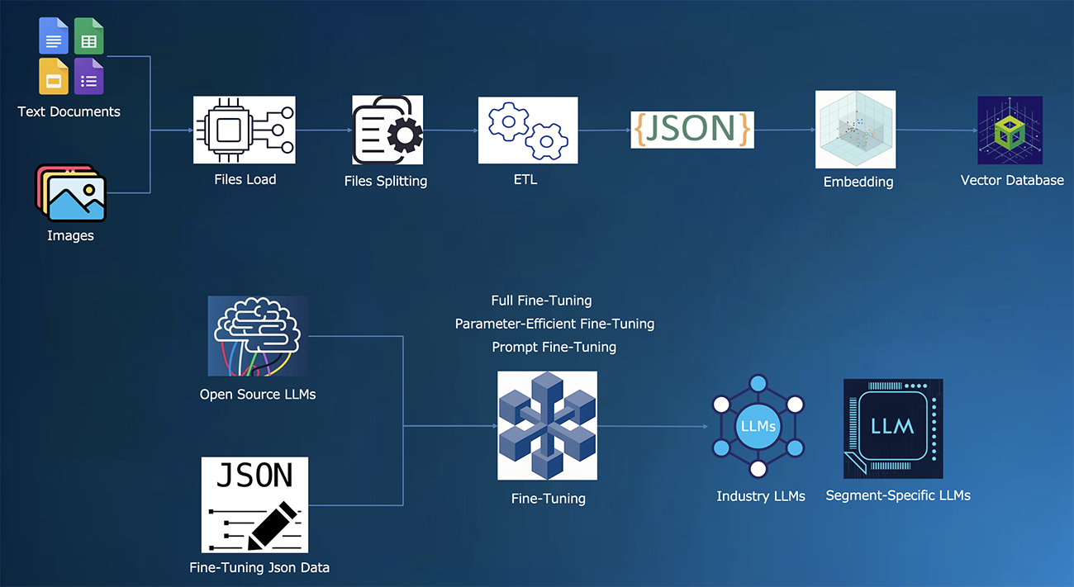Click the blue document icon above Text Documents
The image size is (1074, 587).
click(x=54, y=36)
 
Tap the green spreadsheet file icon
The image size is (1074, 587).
click(x=88, y=36)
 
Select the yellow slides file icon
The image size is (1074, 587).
click(x=54, y=76)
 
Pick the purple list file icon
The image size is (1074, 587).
click(x=88, y=76)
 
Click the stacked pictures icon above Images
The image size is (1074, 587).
click(x=70, y=192)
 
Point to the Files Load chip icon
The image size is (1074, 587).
click(x=245, y=130)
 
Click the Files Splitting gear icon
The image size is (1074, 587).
click(x=387, y=130)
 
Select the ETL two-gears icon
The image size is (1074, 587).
click(x=528, y=130)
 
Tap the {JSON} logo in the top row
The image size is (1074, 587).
click(x=692, y=129)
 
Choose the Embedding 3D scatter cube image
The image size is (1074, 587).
click(x=855, y=130)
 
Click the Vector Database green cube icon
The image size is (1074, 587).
click(x=1010, y=130)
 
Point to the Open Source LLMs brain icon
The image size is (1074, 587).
click(x=258, y=336)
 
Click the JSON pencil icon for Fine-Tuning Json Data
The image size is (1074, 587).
click(x=254, y=504)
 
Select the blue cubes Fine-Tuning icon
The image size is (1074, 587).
click(x=547, y=425)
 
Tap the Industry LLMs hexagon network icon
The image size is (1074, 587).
click(x=758, y=426)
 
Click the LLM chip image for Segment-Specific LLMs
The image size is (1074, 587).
click(x=893, y=428)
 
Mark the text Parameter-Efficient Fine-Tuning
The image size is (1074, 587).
click(x=554, y=324)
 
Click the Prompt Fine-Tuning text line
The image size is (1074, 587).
click(x=554, y=347)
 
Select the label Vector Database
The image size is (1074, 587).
click(x=1012, y=180)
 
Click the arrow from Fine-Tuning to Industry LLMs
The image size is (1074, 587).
click(x=653, y=427)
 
